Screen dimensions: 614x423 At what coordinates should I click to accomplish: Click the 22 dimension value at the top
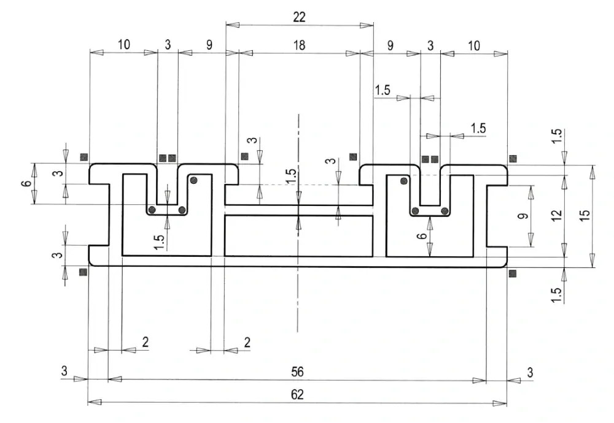pyautogui.click(x=299, y=17)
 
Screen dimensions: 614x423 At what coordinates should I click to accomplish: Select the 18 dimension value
pyautogui.click(x=299, y=45)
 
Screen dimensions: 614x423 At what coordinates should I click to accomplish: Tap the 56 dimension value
pyautogui.click(x=297, y=372)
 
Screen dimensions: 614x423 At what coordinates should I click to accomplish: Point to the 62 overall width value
pyautogui.click(x=297, y=394)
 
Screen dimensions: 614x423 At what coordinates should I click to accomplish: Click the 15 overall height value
pyautogui.click(x=584, y=216)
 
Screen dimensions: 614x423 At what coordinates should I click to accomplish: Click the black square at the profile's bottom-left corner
pyautogui.click(x=83, y=272)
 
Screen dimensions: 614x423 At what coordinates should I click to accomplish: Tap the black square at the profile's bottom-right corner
pyautogui.click(x=512, y=273)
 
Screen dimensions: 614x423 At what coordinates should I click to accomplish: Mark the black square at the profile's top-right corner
pyautogui.click(x=513, y=158)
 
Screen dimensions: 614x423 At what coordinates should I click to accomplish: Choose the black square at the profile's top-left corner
pyautogui.click(x=84, y=157)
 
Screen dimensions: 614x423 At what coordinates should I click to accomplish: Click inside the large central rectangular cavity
pyautogui.click(x=298, y=236)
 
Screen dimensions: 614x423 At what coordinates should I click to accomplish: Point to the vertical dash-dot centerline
pyautogui.click(x=298, y=223)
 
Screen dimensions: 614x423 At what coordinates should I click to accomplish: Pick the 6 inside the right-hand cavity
pyautogui.click(x=421, y=236)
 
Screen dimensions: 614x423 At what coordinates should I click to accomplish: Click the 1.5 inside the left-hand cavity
pyautogui.click(x=159, y=242)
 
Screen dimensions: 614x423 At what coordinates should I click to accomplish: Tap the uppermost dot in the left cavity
pyautogui.click(x=193, y=180)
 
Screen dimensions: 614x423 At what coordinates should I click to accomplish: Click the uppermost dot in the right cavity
pyautogui.click(x=403, y=181)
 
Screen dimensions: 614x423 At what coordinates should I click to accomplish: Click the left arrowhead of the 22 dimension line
pyautogui.click(x=233, y=25)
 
